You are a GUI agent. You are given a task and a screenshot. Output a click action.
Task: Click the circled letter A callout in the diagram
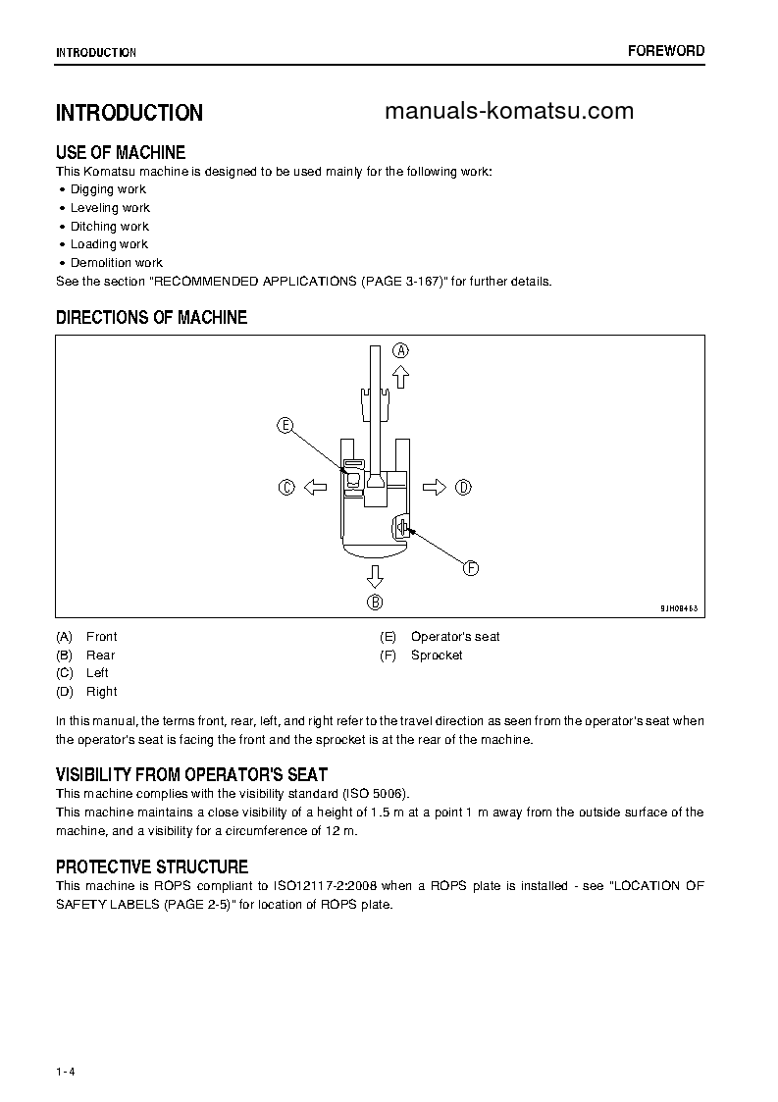400,350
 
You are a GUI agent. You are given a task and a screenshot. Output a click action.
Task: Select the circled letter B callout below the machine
375,603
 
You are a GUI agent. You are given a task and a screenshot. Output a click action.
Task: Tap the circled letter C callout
286,487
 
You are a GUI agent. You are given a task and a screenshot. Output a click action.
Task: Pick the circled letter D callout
464,487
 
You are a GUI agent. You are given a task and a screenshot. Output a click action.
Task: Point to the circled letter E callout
285,425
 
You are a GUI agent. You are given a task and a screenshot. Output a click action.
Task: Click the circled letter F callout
470,567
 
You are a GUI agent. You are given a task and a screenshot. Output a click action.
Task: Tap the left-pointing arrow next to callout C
314,487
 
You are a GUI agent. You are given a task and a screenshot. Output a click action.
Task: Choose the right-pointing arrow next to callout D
435,487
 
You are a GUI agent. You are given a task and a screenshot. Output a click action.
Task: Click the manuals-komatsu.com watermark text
509,111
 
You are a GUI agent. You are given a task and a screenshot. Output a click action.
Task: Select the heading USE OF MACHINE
121,152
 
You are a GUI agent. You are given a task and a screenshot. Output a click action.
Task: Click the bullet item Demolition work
116,263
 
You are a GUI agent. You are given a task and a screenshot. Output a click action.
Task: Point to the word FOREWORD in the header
666,51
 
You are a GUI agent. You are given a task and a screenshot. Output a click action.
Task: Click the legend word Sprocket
437,655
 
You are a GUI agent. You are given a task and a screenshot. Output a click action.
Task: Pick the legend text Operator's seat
455,637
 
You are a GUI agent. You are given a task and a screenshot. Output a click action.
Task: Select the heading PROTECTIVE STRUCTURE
152,866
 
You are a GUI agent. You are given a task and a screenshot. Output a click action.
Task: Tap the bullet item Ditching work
110,227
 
